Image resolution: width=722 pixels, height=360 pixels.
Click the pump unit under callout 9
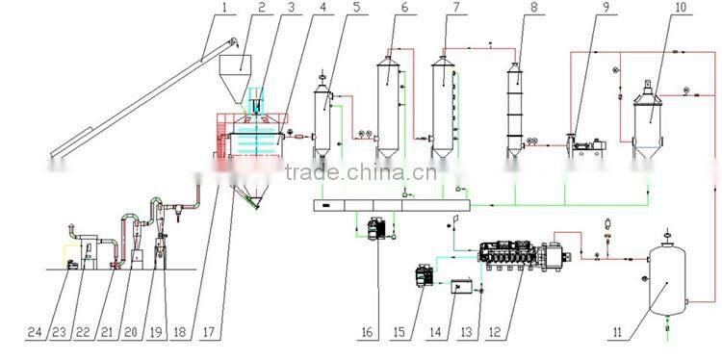tap(584, 146)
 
